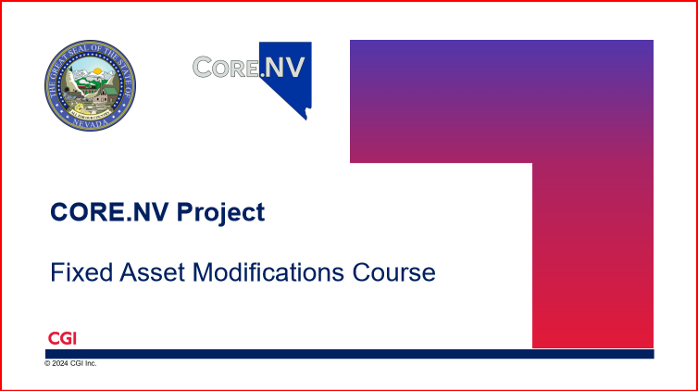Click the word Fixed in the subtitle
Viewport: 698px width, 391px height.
coord(75,272)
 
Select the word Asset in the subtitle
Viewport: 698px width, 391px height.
coord(141,272)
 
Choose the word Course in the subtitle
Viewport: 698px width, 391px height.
coord(393,272)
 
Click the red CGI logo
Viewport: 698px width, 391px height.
coord(62,338)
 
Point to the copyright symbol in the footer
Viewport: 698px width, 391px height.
coord(47,363)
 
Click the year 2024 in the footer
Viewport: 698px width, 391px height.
coord(59,363)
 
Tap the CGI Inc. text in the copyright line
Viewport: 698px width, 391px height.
coord(83,363)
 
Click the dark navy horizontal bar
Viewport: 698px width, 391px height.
coord(349,354)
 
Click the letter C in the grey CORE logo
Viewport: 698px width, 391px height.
coord(204,66)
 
